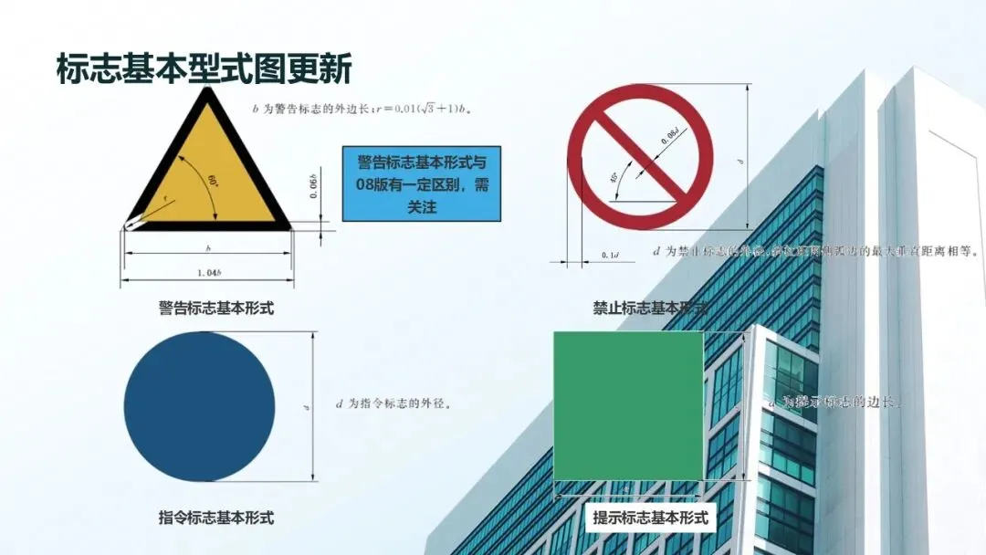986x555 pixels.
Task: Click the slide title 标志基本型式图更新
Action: coord(204,68)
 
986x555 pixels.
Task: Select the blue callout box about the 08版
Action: coord(422,184)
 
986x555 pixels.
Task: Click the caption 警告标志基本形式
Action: coord(216,308)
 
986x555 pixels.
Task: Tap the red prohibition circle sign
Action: coord(639,156)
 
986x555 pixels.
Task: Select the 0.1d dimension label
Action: coord(610,254)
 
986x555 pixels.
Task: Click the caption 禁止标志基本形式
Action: coord(651,308)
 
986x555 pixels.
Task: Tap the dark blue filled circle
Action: coord(199,406)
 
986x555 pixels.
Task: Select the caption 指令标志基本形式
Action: coord(216,518)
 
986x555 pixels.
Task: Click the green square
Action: coord(628,405)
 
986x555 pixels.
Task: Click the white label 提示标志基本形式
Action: coord(650,518)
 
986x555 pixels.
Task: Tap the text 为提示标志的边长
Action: coord(835,402)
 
